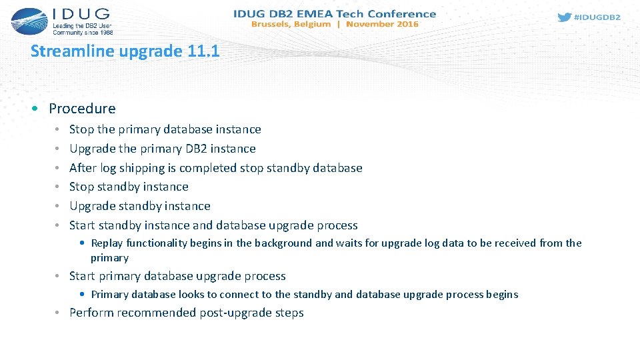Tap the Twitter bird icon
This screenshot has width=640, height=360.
point(564,17)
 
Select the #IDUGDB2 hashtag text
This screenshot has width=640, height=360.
point(597,17)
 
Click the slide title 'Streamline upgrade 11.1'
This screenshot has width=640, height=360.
point(125,51)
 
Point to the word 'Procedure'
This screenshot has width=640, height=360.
point(82,108)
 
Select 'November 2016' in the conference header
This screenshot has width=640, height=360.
point(382,24)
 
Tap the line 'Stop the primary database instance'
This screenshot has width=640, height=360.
point(165,129)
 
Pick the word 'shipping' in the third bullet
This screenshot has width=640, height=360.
point(139,168)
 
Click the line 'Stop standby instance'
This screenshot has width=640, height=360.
point(129,187)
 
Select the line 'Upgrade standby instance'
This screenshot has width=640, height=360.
point(139,206)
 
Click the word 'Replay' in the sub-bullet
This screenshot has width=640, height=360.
point(107,243)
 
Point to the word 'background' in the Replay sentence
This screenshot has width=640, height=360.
point(283,243)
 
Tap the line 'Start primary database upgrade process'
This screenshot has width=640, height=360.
point(177,276)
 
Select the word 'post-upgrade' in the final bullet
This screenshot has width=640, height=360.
point(235,313)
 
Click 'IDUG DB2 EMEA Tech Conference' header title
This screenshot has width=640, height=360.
point(335,13)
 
